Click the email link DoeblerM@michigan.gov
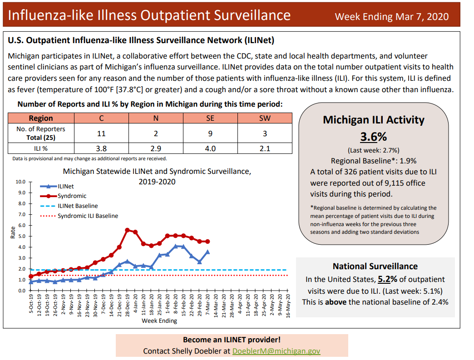pyautogui.click(x=276, y=351)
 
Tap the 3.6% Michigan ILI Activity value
pyautogui.click(x=373, y=137)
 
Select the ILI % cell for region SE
pyautogui.click(x=210, y=148)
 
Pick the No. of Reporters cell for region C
pyautogui.click(x=101, y=133)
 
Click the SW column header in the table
pyautogui.click(x=265, y=118)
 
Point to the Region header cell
pyautogui.click(x=41, y=118)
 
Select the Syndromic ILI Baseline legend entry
pyautogui.click(x=87, y=216)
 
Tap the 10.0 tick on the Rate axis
pyautogui.click(x=21, y=182)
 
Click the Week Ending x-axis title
pyautogui.click(x=159, y=321)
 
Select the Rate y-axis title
pyautogui.click(x=13, y=232)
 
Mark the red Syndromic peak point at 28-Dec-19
pyautogui.click(x=127, y=230)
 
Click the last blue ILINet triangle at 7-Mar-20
pyautogui.click(x=207, y=252)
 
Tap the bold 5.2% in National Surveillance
pyautogui.click(x=385, y=279)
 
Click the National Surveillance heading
pyautogui.click(x=375, y=266)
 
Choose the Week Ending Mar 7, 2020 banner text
pyautogui.click(x=391, y=17)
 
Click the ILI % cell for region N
pyautogui.click(x=156, y=148)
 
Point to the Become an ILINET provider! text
pyautogui.click(x=232, y=340)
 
